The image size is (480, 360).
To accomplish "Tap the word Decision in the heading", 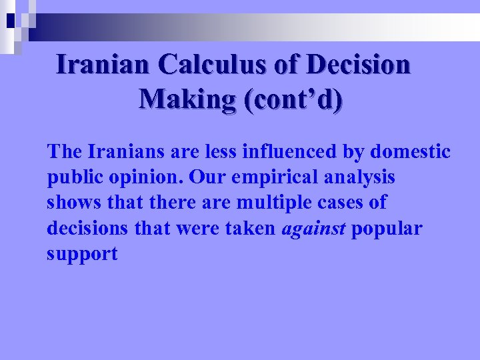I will (359, 65).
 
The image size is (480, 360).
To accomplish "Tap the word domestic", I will (410, 152).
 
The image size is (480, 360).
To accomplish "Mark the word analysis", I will (362, 178).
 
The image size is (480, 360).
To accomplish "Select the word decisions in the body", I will (87, 229).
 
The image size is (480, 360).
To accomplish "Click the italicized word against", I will (314, 229).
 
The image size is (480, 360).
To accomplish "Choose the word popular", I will (387, 229).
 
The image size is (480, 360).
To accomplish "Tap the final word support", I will (82, 254).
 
